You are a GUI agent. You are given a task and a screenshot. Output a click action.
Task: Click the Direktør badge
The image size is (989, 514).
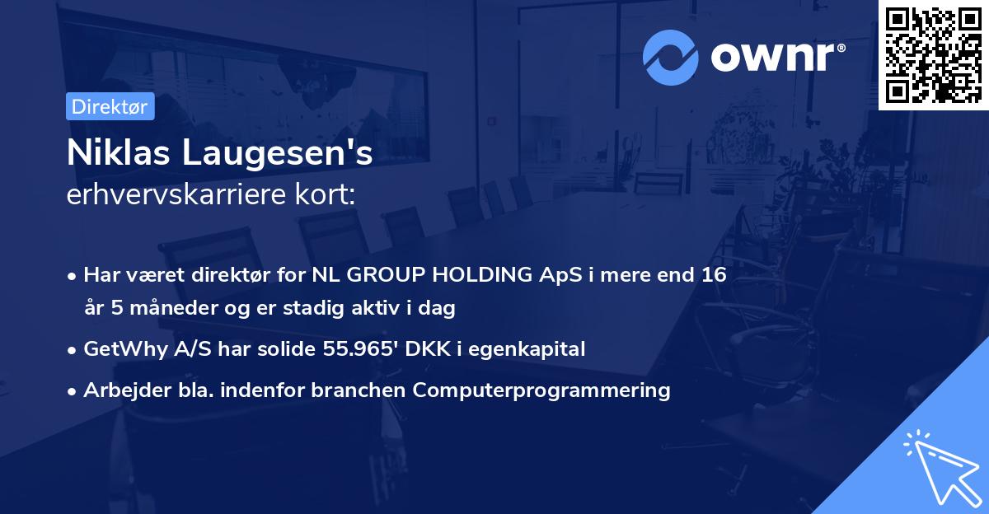(x=110, y=106)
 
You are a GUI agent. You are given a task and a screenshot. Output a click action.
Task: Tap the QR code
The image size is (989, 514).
(x=933, y=55)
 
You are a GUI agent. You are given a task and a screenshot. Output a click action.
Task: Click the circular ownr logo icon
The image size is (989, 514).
(x=670, y=58)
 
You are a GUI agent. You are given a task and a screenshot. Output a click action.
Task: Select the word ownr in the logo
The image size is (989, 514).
(x=772, y=57)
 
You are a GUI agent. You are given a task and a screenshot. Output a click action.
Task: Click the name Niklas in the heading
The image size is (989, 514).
(x=119, y=152)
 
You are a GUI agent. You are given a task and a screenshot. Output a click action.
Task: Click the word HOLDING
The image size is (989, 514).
(x=482, y=275)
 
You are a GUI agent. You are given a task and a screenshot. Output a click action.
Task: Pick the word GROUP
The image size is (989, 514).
(x=386, y=275)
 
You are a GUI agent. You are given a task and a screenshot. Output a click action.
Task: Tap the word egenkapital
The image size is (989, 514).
(x=527, y=349)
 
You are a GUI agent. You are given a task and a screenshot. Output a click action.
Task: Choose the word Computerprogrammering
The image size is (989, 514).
(x=541, y=390)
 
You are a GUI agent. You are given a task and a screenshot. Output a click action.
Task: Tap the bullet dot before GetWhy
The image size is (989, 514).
(x=71, y=350)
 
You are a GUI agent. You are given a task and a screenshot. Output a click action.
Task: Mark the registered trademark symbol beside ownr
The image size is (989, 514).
(x=841, y=48)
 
